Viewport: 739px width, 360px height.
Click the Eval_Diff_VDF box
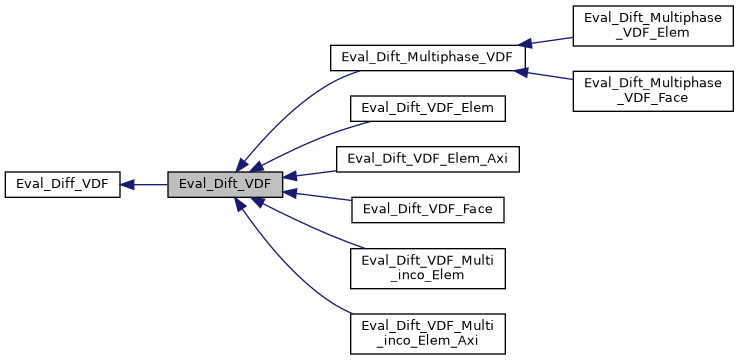click(63, 184)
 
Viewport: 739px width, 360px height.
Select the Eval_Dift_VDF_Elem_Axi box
click(428, 158)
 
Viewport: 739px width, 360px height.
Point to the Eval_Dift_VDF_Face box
click(427, 209)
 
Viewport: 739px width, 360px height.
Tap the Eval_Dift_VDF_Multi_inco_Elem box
click(427, 266)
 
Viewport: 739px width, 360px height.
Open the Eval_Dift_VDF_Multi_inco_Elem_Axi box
click(427, 332)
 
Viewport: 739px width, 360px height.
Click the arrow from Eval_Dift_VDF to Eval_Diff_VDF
click(145, 184)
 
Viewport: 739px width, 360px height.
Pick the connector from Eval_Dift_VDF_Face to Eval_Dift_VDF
click(315, 197)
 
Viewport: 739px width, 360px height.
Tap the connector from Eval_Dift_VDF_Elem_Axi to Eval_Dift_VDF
click(315, 173)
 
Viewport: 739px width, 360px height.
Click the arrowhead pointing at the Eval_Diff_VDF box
click(129, 184)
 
